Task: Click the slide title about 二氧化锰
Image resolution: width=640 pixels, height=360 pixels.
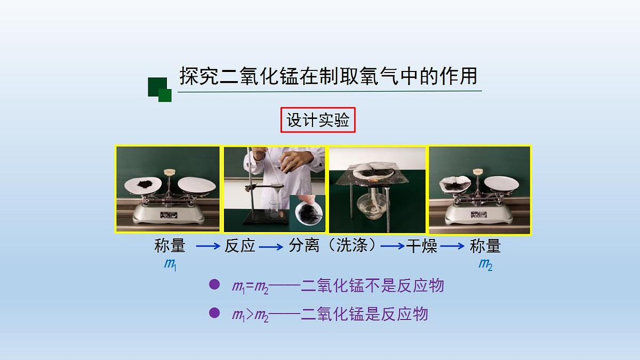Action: pyautogui.click(x=328, y=76)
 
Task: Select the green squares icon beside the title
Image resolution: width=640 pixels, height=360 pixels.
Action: pyautogui.click(x=159, y=89)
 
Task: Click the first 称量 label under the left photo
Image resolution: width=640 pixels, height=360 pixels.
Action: pyautogui.click(x=170, y=246)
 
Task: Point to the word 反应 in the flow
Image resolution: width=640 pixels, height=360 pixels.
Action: pyautogui.click(x=239, y=246)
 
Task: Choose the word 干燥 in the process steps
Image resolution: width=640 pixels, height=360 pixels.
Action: pyautogui.click(x=421, y=246)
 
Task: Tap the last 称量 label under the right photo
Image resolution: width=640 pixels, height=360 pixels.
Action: pyautogui.click(x=485, y=246)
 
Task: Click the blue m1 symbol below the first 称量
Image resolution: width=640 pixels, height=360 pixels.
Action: pyautogui.click(x=170, y=264)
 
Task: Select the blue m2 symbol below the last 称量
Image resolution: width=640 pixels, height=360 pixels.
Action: pyautogui.click(x=485, y=264)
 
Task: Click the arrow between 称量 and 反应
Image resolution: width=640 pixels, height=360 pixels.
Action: pyautogui.click(x=207, y=246)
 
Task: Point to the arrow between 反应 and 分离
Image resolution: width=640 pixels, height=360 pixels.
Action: pyautogui.click(x=271, y=246)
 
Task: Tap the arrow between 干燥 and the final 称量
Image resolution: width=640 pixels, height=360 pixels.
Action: pyautogui.click(x=453, y=246)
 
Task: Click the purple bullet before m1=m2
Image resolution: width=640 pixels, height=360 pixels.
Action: pyautogui.click(x=214, y=285)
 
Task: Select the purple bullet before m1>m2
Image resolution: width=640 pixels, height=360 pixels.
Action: pyautogui.click(x=214, y=313)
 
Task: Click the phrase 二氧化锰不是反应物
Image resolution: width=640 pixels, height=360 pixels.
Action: pyautogui.click(x=372, y=286)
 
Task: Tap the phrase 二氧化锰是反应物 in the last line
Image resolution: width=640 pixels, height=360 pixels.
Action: pyautogui.click(x=364, y=314)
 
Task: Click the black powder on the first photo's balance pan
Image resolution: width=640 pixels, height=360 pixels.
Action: pyautogui.click(x=145, y=184)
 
